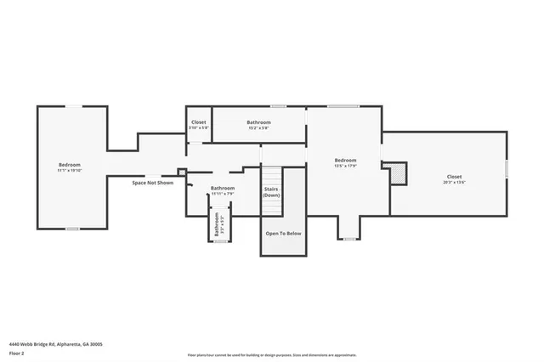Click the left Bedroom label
(70, 164)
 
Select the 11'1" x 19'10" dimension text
(70, 170)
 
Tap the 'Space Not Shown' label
(153, 183)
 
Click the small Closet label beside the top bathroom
(198, 122)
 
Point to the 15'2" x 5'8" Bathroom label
(259, 122)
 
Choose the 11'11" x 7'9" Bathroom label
(223, 188)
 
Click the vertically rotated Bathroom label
(217, 223)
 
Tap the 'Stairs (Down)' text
(271, 192)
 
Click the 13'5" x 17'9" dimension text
(345, 167)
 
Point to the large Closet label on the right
(454, 176)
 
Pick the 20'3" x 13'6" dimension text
(454, 182)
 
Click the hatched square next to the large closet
(396, 173)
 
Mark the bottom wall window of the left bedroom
(73, 229)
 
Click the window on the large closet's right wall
(507, 167)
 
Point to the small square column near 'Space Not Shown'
(181, 175)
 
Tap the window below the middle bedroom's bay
(348, 239)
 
